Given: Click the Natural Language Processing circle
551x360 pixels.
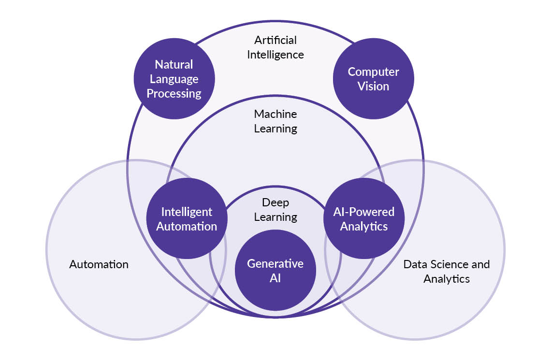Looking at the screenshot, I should (x=174, y=79).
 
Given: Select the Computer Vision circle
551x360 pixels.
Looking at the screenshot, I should (x=373, y=79).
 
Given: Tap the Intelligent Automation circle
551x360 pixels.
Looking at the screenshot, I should (x=187, y=218).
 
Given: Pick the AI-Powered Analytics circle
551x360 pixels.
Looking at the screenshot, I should (x=363, y=218).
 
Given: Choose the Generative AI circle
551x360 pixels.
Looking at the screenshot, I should (x=275, y=270).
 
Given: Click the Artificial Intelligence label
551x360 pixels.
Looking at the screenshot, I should (x=275, y=47).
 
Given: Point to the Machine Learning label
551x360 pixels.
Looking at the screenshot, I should (x=275, y=121).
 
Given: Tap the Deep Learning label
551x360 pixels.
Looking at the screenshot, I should (x=275, y=209).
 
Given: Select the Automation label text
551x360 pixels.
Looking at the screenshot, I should (x=99, y=264).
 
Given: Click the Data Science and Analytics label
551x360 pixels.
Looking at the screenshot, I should (x=447, y=271).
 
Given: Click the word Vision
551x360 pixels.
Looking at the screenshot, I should (x=373, y=86).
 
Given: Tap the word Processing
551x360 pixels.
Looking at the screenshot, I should (x=174, y=93).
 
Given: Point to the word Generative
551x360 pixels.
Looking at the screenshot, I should (x=275, y=263).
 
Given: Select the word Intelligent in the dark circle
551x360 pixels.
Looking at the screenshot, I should (x=187, y=212).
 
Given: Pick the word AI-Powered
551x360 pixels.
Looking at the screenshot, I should (x=363, y=212).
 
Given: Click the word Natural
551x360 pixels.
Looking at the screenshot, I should (x=174, y=64).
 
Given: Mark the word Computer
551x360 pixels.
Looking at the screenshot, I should (x=373, y=72).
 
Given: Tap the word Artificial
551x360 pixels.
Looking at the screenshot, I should (x=275, y=40).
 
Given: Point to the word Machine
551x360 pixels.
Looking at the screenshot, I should (x=275, y=114).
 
